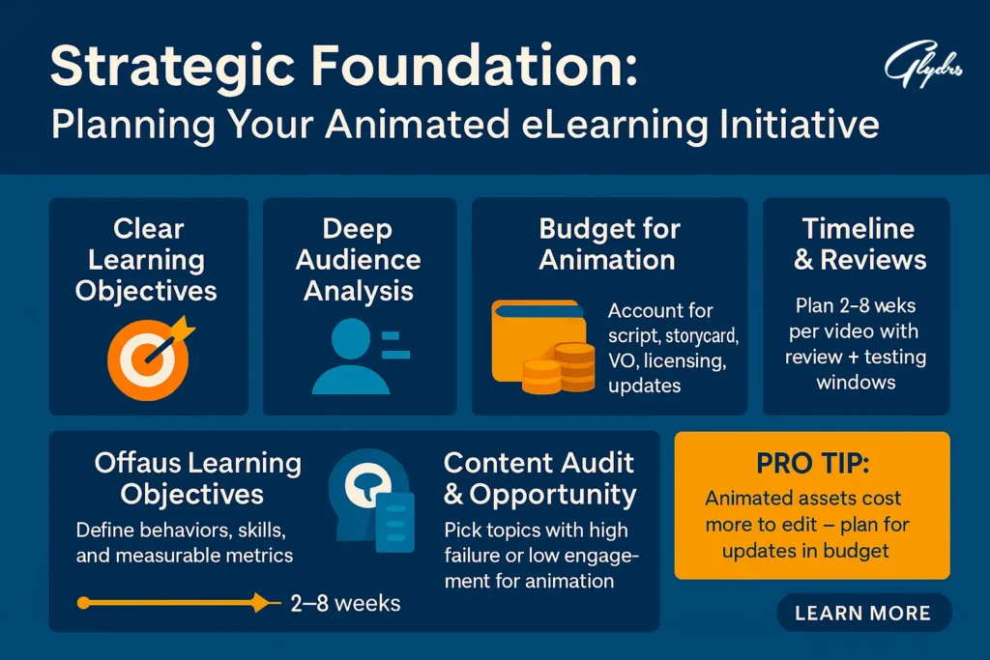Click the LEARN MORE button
coord(863,613)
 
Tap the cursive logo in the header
coord(923,65)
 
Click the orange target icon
coord(150,358)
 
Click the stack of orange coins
coord(559,368)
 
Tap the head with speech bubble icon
coord(371,500)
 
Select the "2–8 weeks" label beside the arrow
coord(345,603)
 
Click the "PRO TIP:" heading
coord(812,464)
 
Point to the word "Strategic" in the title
coord(172,67)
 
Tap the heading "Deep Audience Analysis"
coord(359,259)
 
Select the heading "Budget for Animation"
coord(609,244)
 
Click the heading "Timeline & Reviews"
coord(859,244)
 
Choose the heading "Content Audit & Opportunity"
coord(539,479)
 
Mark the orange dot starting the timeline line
coord(83,603)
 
